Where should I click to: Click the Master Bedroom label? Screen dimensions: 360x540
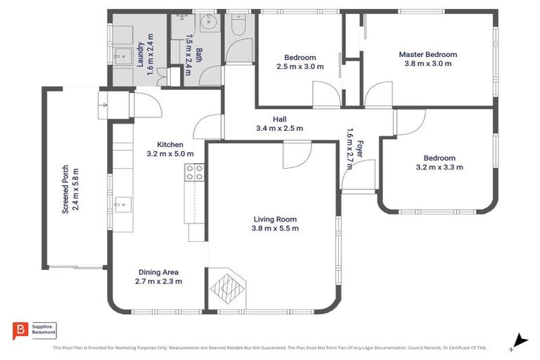tap(427, 54)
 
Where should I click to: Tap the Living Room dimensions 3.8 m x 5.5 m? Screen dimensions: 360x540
tap(276, 229)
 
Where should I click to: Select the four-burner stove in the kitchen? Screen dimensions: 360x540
tap(194, 172)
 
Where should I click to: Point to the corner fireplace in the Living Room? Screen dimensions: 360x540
tap(229, 288)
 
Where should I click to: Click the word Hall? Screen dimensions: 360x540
tap(280, 120)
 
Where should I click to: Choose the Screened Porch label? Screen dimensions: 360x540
tap(65, 188)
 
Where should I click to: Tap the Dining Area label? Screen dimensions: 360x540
tap(158, 272)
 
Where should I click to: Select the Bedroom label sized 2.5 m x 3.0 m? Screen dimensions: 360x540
tap(300, 58)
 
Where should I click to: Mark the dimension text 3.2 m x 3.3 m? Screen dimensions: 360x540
tap(439, 167)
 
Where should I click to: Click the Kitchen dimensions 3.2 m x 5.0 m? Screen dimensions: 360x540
tap(170, 153)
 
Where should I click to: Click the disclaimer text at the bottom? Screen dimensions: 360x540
tap(270, 347)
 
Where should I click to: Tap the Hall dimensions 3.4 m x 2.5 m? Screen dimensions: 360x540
tap(279, 129)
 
